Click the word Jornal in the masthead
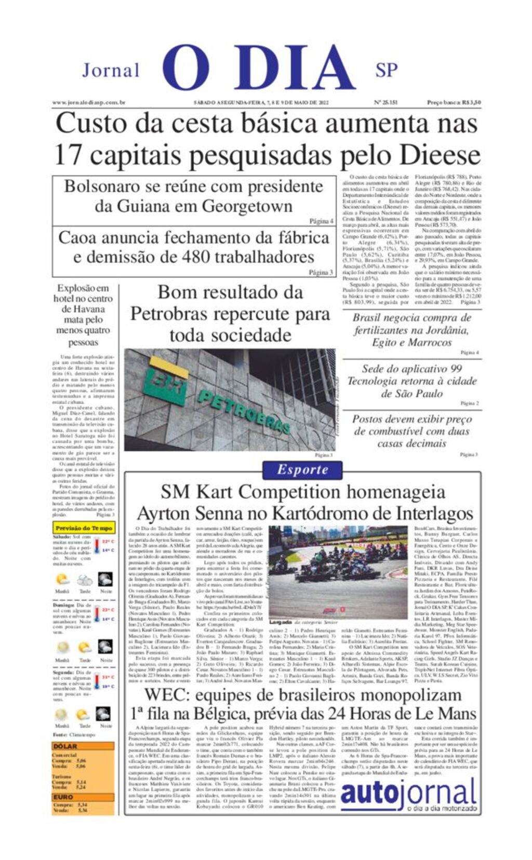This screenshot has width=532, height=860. [111, 70]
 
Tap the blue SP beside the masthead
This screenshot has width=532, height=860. [387, 70]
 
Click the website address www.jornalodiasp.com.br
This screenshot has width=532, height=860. [89, 103]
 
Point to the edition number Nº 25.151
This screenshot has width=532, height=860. [385, 103]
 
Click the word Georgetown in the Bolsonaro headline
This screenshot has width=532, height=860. [247, 206]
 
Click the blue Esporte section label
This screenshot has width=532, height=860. [302, 469]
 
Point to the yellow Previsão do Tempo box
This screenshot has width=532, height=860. [84, 528]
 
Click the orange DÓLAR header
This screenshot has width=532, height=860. [65, 746]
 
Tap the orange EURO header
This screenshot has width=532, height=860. [63, 797]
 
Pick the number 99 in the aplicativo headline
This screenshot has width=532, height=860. [456, 369]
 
